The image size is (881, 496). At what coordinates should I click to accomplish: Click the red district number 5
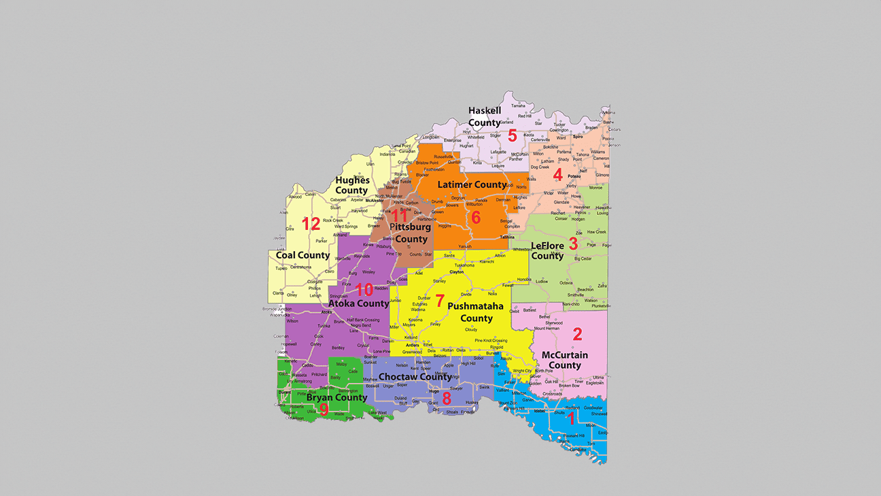(x=513, y=135)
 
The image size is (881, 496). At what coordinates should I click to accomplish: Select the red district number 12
(x=311, y=224)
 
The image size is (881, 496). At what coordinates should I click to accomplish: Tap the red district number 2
(x=577, y=334)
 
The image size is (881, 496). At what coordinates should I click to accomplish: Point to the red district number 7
(x=440, y=300)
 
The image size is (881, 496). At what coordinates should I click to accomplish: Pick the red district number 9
(x=324, y=410)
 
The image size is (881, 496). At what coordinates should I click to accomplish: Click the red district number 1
(x=571, y=418)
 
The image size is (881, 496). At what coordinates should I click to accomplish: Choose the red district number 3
(x=573, y=243)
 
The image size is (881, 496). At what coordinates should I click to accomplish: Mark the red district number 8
(x=447, y=398)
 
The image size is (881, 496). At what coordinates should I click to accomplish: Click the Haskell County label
(x=485, y=116)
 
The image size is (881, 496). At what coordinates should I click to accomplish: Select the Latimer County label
(x=472, y=184)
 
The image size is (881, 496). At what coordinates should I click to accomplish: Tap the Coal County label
(x=303, y=255)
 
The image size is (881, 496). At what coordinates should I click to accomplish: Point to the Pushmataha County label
(x=476, y=312)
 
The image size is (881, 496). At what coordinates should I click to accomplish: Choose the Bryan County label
(x=336, y=397)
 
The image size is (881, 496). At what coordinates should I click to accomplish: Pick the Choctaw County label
(x=415, y=376)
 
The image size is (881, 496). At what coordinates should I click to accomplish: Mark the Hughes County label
(x=351, y=185)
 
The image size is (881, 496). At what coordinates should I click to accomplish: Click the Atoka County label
(x=358, y=303)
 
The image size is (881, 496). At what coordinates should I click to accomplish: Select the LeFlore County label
(x=547, y=250)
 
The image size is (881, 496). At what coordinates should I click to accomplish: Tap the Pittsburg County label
(x=411, y=233)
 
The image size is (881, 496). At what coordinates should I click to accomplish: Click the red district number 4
(x=557, y=174)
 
